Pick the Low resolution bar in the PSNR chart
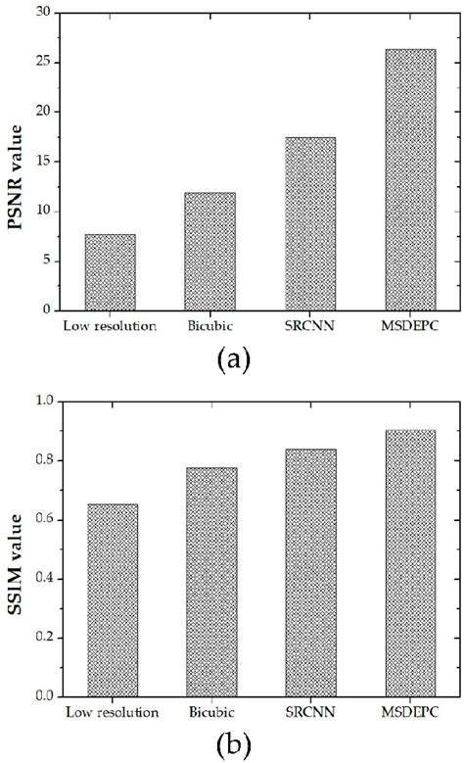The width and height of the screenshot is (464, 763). click(110, 271)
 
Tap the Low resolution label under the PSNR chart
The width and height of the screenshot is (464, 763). click(110, 325)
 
